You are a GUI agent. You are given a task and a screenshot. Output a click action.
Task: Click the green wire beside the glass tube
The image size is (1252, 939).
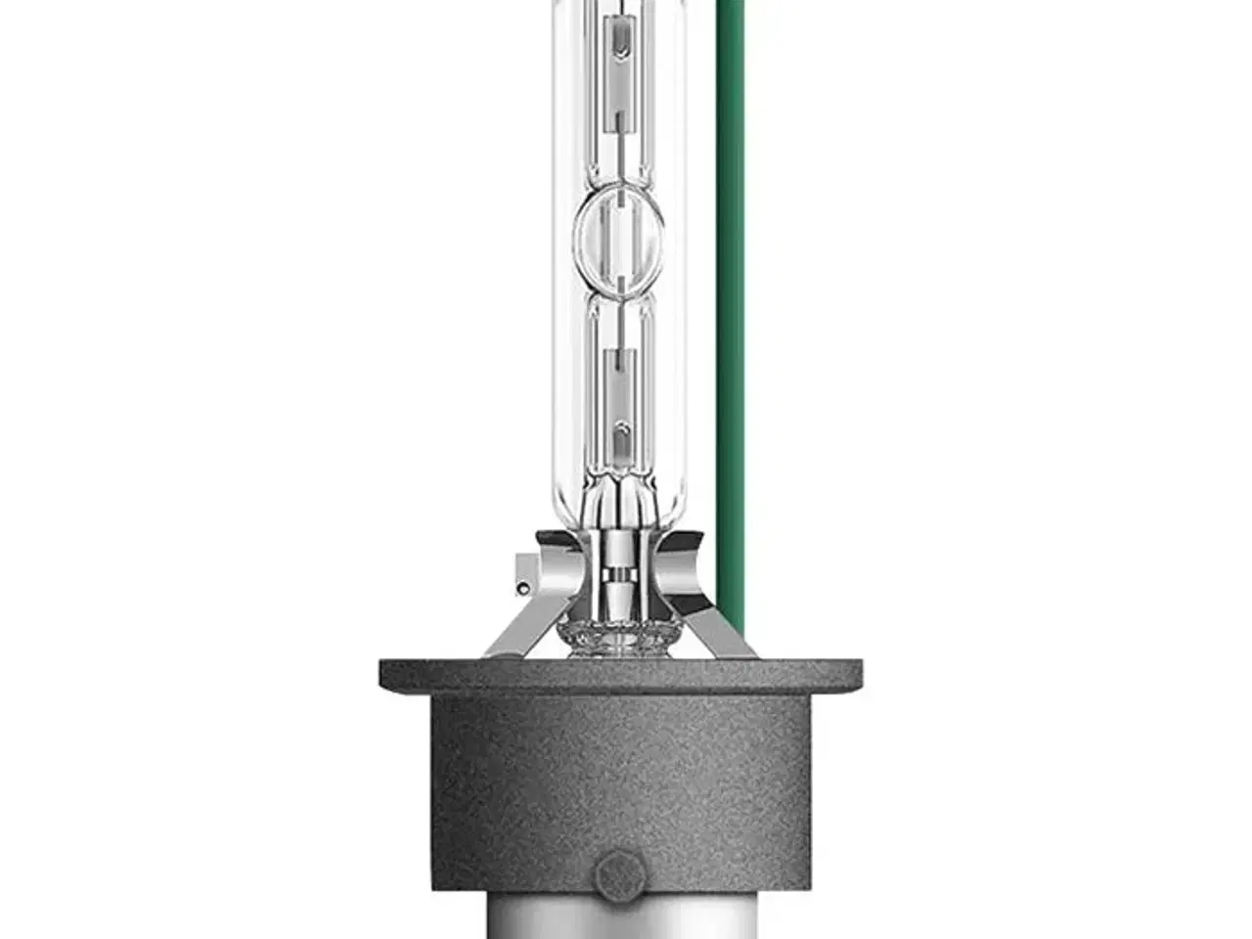730,293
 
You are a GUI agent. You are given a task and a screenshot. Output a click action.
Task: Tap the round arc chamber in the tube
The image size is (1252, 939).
619,234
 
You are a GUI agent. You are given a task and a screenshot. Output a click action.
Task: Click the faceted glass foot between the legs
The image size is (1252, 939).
619,637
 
